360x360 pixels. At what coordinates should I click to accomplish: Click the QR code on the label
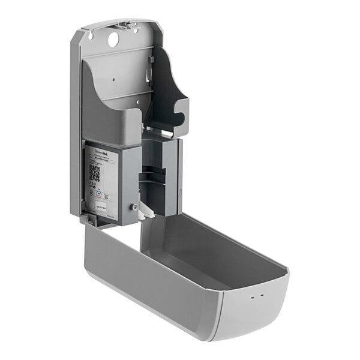tap(95, 173)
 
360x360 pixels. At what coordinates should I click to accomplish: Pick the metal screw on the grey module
tap(134, 207)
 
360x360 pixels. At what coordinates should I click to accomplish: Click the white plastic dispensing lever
tap(146, 210)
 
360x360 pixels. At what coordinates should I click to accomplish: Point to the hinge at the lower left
tap(91, 221)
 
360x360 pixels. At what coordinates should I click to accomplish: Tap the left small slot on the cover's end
tap(252, 297)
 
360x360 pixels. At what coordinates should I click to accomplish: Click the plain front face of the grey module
tap(130, 180)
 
